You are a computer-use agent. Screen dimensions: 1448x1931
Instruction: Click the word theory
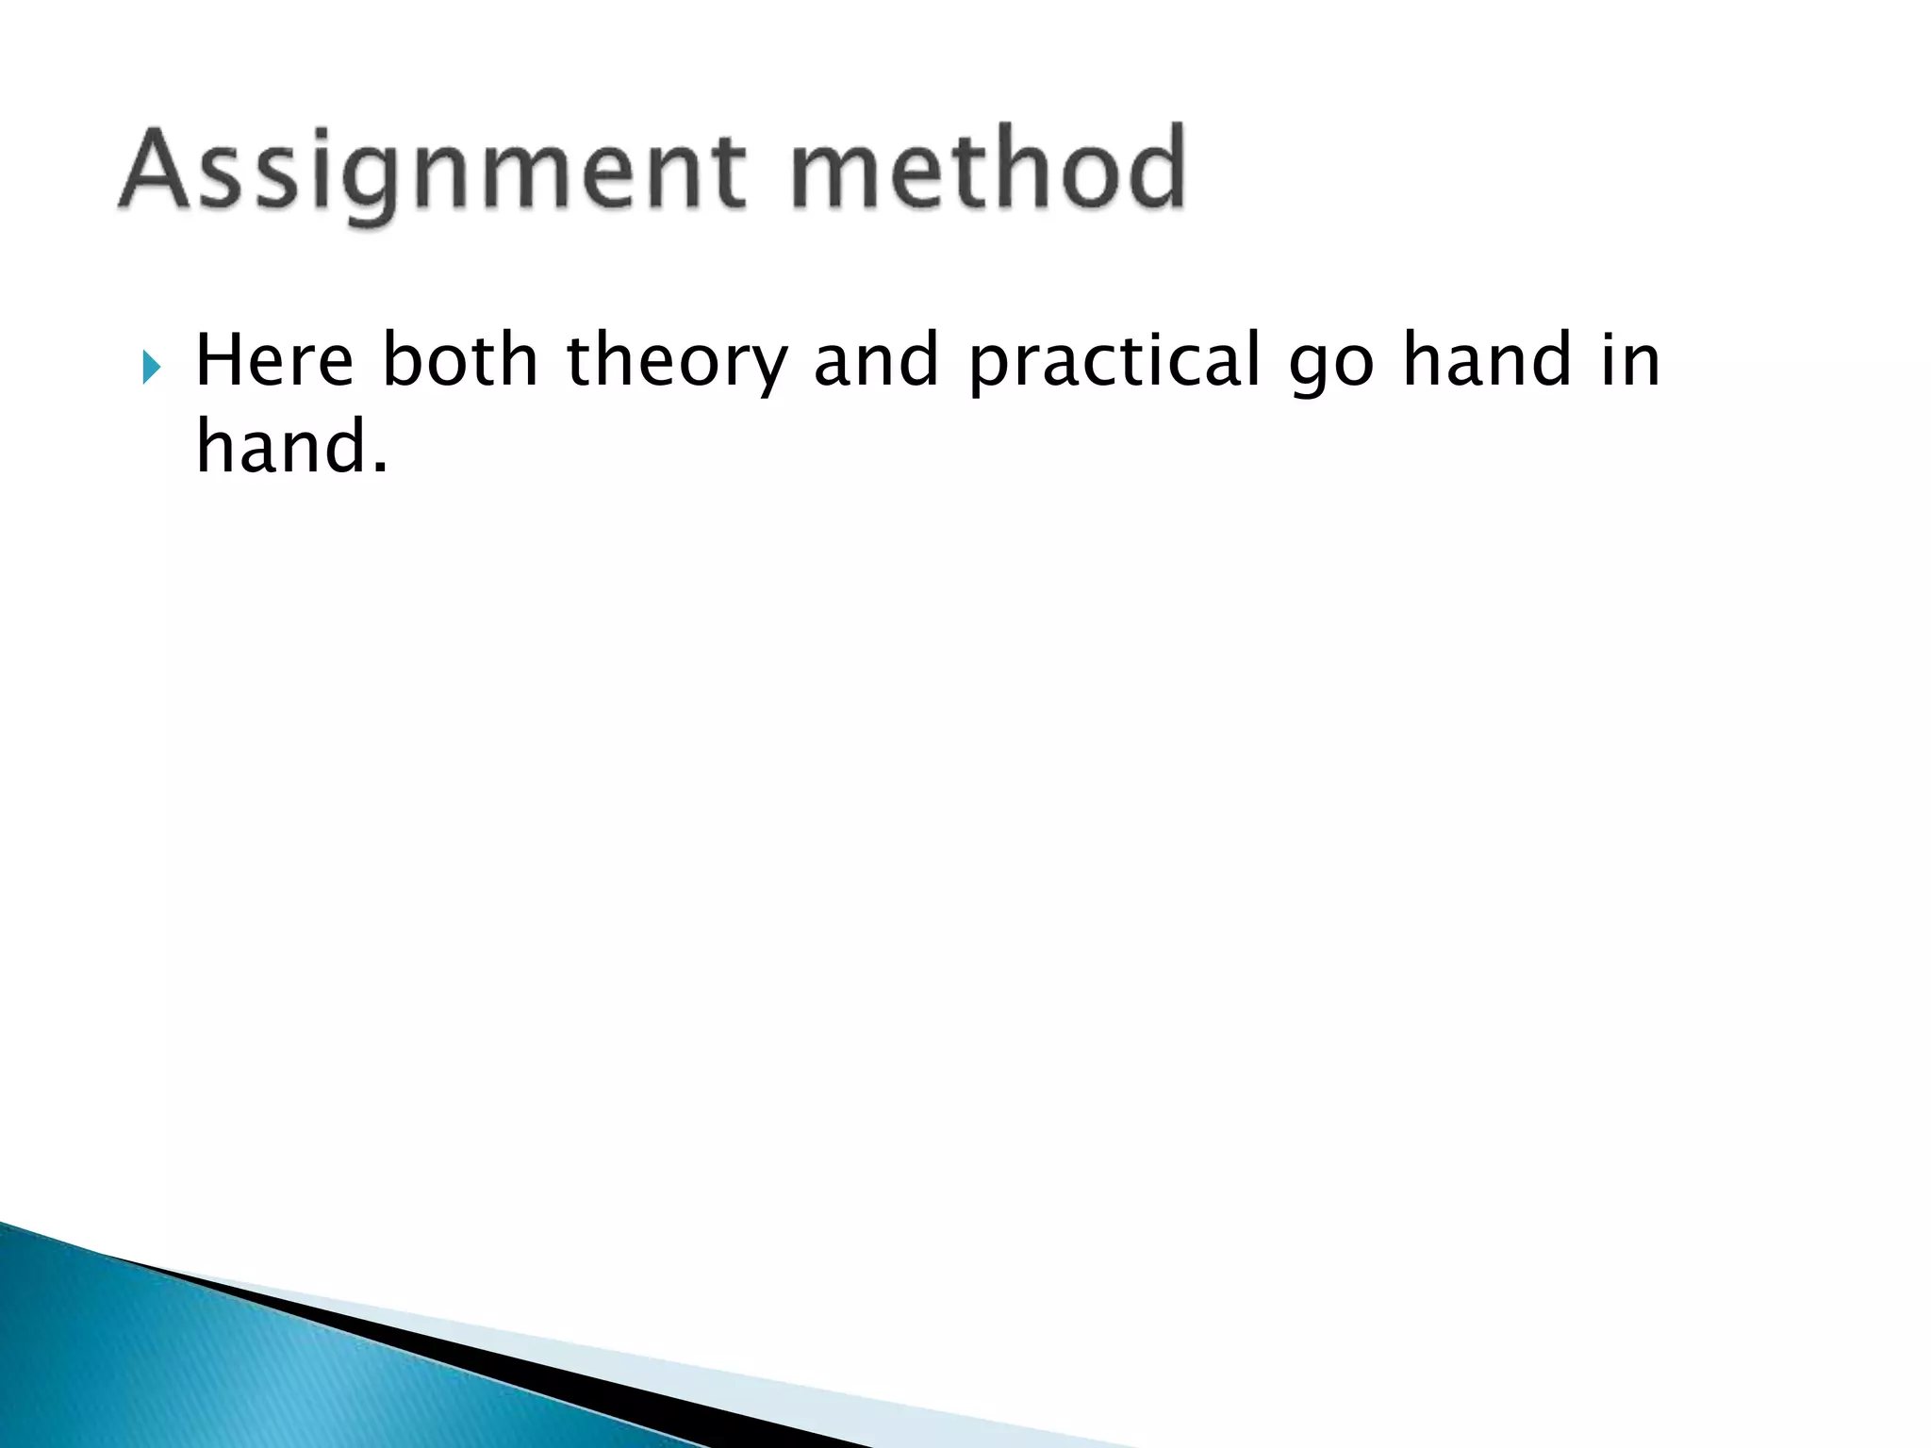point(675,363)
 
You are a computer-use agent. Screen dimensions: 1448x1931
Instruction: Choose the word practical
point(1114,363)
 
